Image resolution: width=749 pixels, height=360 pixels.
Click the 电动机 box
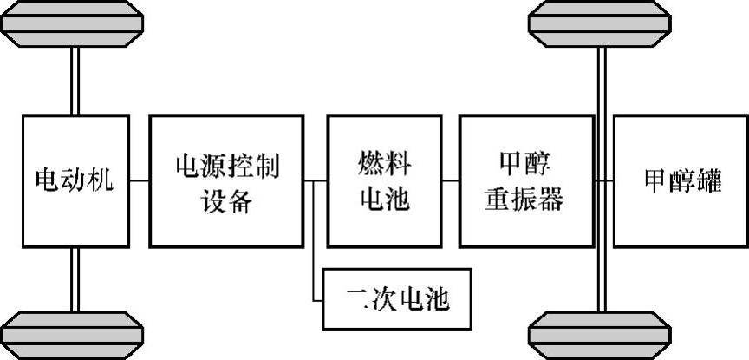click(74, 180)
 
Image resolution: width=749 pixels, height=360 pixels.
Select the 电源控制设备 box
click(227, 180)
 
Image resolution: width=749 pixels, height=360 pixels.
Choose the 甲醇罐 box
click(681, 180)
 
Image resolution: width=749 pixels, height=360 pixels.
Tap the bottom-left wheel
click(73, 334)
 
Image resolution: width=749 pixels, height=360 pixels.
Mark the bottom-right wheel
click(600, 334)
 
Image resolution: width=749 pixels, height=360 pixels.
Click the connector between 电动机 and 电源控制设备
click(138, 181)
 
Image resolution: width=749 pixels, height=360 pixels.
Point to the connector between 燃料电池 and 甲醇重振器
click(450, 181)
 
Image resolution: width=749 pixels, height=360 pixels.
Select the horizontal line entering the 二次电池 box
click(317, 298)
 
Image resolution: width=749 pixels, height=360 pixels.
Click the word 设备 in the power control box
click(227, 200)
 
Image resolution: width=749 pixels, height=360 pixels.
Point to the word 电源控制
click(227, 164)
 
